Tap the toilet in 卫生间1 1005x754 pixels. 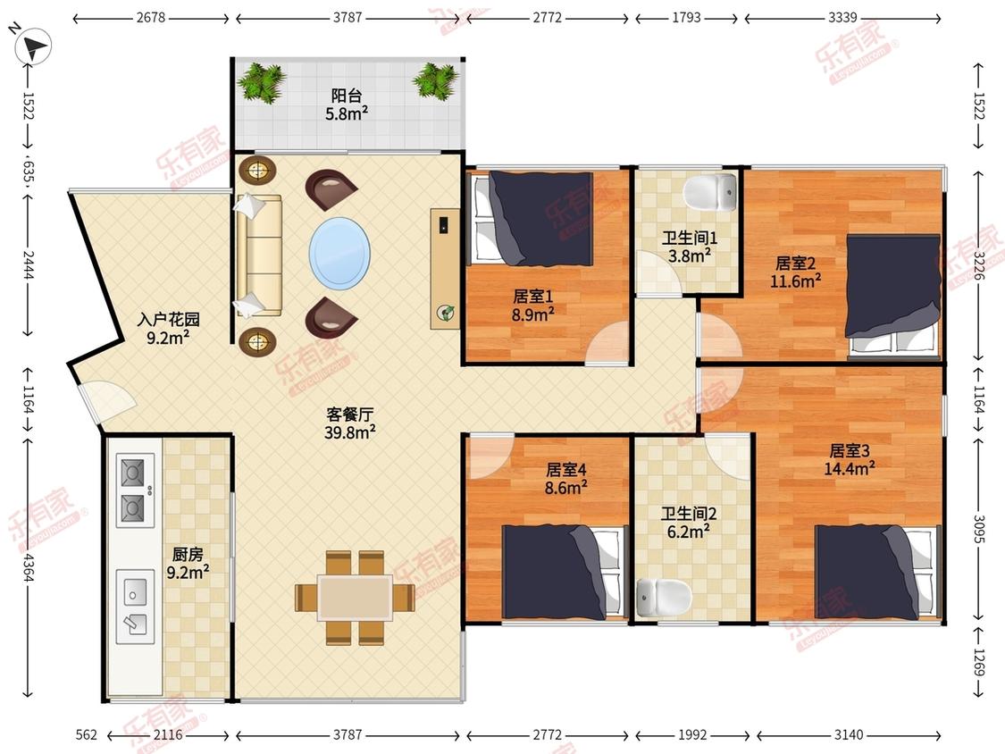[710, 192]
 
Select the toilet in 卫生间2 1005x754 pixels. [664, 598]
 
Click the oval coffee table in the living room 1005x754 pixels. [339, 251]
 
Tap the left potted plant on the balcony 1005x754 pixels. [261, 82]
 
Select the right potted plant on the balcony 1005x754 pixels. [436, 80]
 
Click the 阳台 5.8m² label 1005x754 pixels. [347, 105]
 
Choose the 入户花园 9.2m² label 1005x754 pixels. [169, 328]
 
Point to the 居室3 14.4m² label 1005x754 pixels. [850, 460]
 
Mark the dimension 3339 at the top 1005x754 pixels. [842, 18]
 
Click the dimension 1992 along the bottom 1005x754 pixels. [692, 734]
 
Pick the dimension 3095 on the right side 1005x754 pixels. [979, 529]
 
